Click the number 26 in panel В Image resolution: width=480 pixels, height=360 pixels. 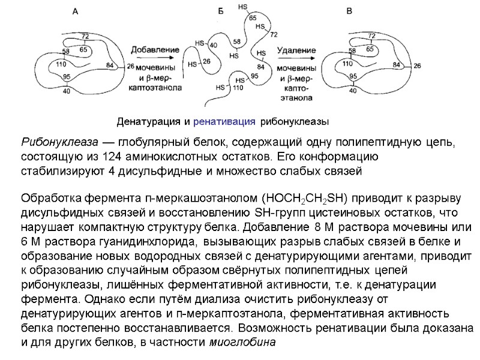tap(417, 65)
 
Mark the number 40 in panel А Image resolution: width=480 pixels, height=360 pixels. tap(65, 91)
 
